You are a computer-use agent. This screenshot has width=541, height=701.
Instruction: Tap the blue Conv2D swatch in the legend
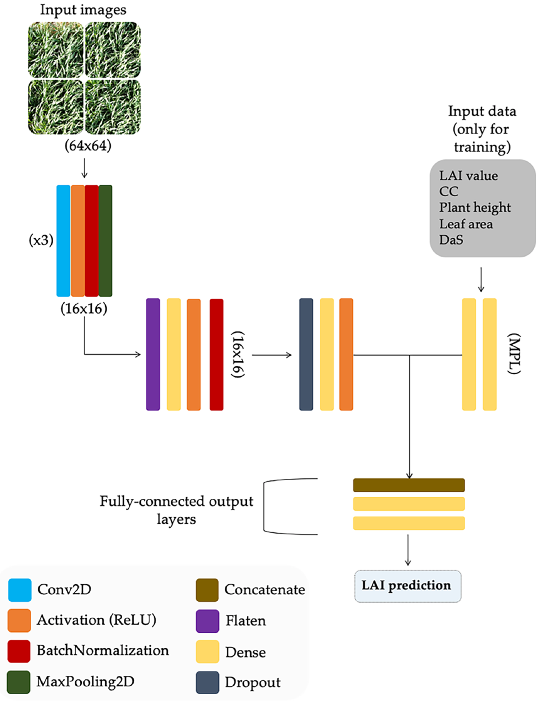point(20,590)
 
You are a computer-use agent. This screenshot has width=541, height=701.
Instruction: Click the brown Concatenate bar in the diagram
point(409,485)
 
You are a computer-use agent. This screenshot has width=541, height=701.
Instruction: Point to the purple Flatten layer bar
point(153,354)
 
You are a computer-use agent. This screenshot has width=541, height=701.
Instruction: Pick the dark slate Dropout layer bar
point(306,354)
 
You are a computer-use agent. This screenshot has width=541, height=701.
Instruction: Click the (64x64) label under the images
point(88,146)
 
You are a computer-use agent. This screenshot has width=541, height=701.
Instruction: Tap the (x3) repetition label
point(41,240)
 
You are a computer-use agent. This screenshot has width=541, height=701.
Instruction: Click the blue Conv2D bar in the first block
point(63,241)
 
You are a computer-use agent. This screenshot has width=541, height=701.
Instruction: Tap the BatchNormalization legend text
point(103,651)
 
